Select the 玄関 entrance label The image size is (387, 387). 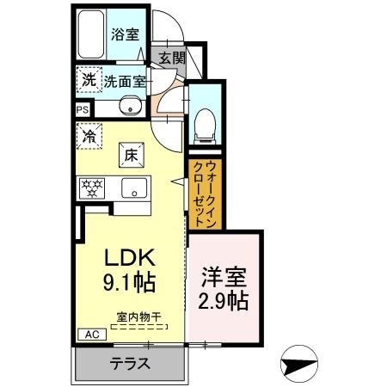[171, 58]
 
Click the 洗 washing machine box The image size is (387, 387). [89, 79]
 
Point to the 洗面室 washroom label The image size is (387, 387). [125, 82]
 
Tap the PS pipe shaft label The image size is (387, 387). [83, 110]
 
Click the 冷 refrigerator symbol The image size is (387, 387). [89, 134]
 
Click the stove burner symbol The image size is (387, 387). [91, 187]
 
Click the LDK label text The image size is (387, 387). [129, 259]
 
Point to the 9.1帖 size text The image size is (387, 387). [131, 283]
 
